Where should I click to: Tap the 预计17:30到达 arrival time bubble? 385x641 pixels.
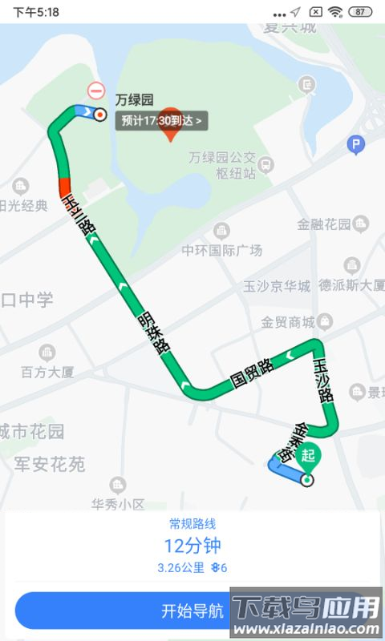[162, 121]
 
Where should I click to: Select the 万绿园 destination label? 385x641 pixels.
[134, 100]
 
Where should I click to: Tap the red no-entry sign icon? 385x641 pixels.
[96, 91]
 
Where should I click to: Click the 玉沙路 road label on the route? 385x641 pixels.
[322, 378]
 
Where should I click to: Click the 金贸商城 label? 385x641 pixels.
[287, 322]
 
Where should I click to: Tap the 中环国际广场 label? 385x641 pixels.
[221, 250]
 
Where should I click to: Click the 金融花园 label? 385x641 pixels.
[324, 224]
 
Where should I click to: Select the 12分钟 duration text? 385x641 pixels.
[192, 546]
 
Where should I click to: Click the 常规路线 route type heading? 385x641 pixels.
[192, 524]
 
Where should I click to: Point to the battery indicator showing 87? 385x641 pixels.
[361, 12]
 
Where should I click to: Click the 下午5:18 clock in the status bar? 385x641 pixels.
[36, 12]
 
